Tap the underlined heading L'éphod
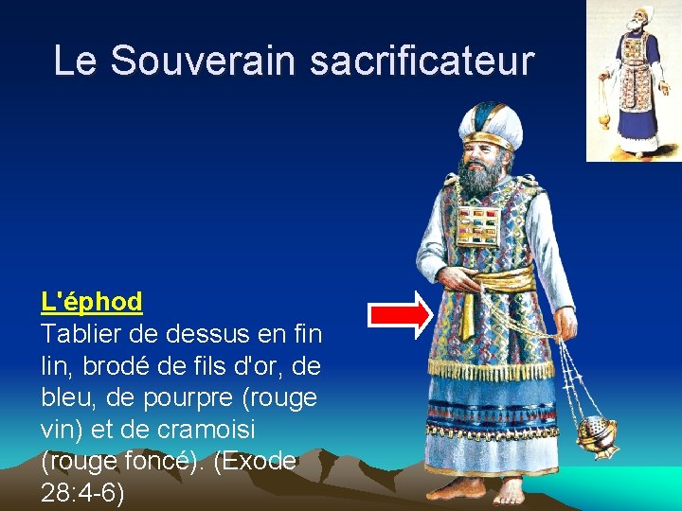[92, 302]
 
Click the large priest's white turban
[492, 123]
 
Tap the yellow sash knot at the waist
[509, 281]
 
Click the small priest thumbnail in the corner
[633, 80]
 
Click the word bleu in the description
[68, 397]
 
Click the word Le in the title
[76, 61]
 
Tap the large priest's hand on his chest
[465, 280]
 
